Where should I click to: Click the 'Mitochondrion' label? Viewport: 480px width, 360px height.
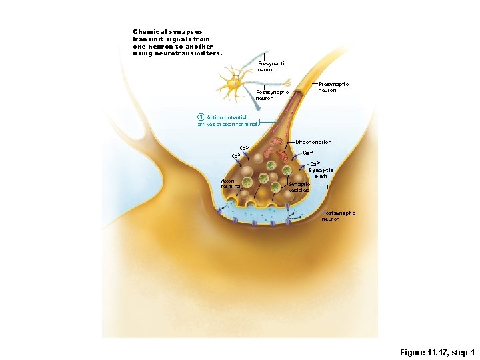[x=313, y=142]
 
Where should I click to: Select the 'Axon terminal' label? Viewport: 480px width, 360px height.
[x=232, y=183]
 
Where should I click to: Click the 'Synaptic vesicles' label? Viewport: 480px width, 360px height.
[x=299, y=187]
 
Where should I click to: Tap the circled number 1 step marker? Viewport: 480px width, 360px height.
[x=201, y=117]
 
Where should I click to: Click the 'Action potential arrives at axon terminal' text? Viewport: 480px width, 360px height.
[x=227, y=121]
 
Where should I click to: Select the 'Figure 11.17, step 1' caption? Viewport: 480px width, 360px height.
[x=437, y=352]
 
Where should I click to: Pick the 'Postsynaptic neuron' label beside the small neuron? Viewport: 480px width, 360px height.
[x=272, y=95]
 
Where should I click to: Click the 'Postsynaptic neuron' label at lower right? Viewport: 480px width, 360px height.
[x=339, y=215]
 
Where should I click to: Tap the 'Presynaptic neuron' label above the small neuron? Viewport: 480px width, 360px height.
[x=272, y=66]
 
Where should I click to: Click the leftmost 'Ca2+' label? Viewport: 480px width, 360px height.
[x=236, y=156]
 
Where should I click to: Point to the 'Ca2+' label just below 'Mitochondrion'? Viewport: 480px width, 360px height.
[x=308, y=153]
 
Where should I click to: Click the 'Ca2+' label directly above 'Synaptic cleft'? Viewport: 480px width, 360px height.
[x=315, y=163]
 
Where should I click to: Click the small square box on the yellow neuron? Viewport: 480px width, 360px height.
[x=236, y=77]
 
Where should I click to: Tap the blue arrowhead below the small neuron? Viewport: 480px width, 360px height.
[x=258, y=99]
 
